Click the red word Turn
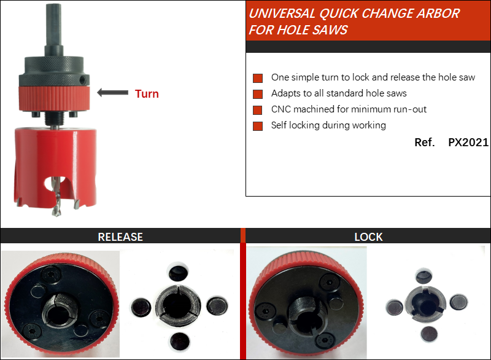(x=147, y=93)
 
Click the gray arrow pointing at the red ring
(x=113, y=92)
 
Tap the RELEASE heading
(x=120, y=237)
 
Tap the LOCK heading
(x=369, y=237)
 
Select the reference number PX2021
(x=468, y=143)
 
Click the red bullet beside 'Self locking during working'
(x=258, y=126)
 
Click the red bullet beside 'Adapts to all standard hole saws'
(x=258, y=94)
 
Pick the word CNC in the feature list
(x=281, y=109)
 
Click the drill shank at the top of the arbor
(x=53, y=25)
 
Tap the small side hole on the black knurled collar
(x=83, y=79)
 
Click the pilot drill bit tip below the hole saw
(x=56, y=213)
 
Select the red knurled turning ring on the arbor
(x=54, y=98)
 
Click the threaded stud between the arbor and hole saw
(x=54, y=118)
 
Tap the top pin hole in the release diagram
(x=179, y=272)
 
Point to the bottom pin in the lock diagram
(x=429, y=334)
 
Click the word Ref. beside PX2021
(x=425, y=143)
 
